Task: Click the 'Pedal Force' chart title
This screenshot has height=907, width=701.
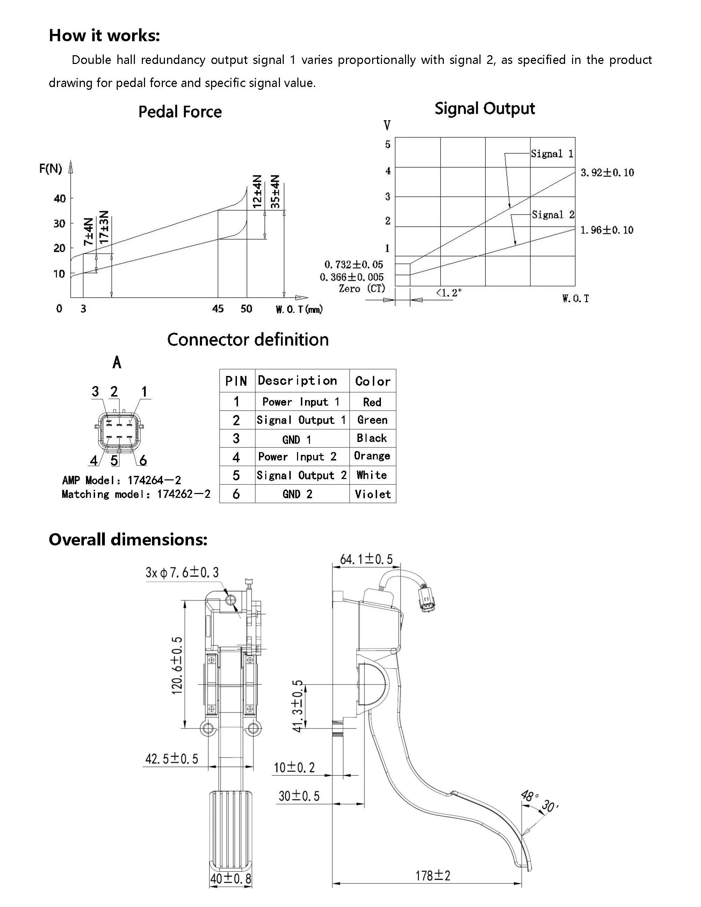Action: (x=180, y=112)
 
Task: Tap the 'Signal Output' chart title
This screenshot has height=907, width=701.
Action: (x=485, y=108)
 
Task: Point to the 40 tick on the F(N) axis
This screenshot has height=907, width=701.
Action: (x=60, y=198)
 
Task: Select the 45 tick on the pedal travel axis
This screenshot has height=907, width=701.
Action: (x=218, y=309)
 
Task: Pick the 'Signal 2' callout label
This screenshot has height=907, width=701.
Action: (x=553, y=215)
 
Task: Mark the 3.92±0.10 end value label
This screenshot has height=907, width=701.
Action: (x=607, y=173)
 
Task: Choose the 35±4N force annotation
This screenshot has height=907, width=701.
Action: (x=275, y=191)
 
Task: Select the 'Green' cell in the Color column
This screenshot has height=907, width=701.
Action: (x=373, y=420)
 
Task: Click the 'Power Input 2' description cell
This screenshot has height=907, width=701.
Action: (x=297, y=457)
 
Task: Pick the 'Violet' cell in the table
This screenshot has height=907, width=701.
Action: (x=373, y=494)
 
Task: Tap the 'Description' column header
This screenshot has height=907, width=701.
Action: (x=297, y=380)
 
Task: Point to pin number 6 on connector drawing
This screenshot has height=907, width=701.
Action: (x=143, y=460)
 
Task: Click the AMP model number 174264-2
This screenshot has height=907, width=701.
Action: (x=154, y=480)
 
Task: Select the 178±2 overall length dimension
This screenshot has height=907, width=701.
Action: (x=433, y=876)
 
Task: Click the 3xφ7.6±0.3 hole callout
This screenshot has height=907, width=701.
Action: (x=182, y=573)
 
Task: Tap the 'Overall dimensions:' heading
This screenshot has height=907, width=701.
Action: (x=128, y=539)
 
